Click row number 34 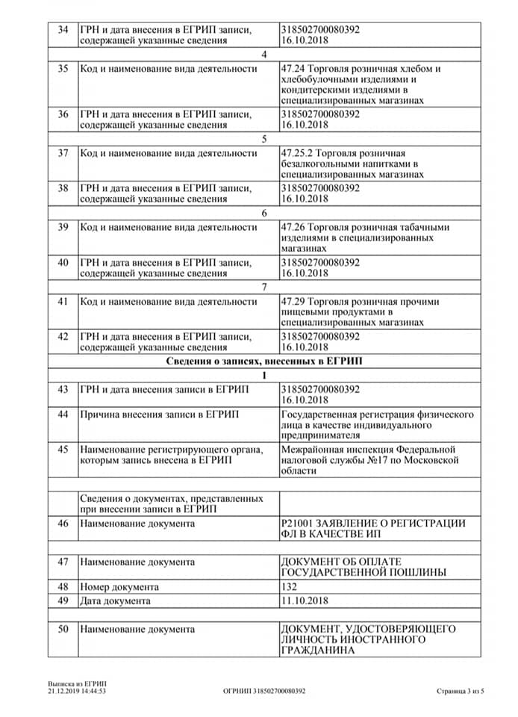(x=63, y=29)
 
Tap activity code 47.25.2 (x=298, y=153)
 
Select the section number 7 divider (x=264, y=286)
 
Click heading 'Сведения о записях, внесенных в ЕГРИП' (x=264, y=361)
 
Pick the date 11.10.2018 (x=305, y=600)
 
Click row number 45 (x=63, y=450)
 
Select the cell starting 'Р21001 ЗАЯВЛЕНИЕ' (x=372, y=528)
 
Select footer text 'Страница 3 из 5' (x=461, y=691)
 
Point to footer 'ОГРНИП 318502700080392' (x=264, y=691)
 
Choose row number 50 (x=63, y=629)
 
